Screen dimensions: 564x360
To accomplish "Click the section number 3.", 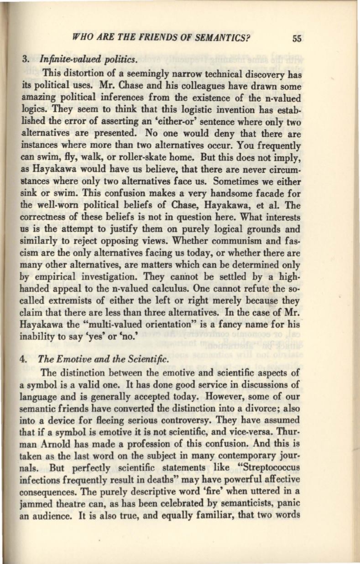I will pos(26,60).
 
